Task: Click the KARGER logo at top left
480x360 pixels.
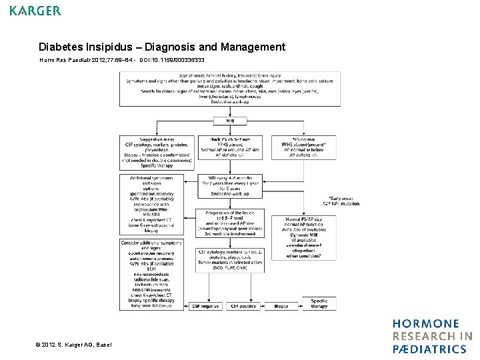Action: pos(35,11)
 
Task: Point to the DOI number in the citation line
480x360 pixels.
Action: pos(181,60)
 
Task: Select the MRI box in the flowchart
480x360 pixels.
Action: pos(229,121)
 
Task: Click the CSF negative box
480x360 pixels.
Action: pos(205,306)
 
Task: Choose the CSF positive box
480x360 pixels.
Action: pos(244,306)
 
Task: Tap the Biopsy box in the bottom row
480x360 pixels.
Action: pos(281,306)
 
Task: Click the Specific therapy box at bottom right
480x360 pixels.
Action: pos(319,303)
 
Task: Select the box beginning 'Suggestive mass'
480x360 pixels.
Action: pos(157,153)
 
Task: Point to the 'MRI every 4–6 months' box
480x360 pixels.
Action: pos(230,186)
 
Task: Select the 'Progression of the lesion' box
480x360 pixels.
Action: pos(230,223)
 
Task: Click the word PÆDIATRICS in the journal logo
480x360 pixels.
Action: pos(429,349)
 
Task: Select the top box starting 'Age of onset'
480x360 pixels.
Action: pos(229,89)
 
